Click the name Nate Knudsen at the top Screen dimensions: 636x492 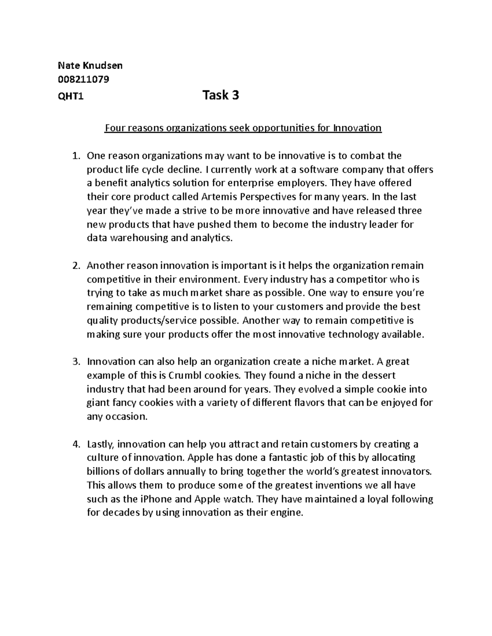coord(90,66)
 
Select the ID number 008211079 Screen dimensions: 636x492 coord(83,79)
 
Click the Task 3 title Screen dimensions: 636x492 coord(221,95)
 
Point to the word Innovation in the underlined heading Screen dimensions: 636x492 coord(357,128)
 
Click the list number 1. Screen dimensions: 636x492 coord(75,156)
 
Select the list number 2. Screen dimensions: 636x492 coord(75,266)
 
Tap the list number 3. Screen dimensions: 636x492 coord(75,362)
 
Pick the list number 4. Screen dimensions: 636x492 coord(75,444)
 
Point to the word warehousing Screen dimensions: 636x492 coord(137,238)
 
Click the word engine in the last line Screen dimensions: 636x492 coord(288,513)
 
